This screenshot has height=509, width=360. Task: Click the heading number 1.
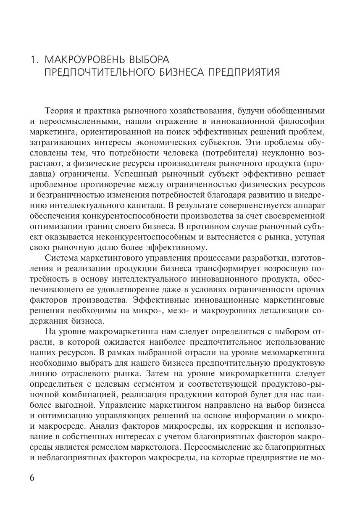point(34,60)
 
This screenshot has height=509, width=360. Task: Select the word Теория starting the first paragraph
point(58,111)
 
